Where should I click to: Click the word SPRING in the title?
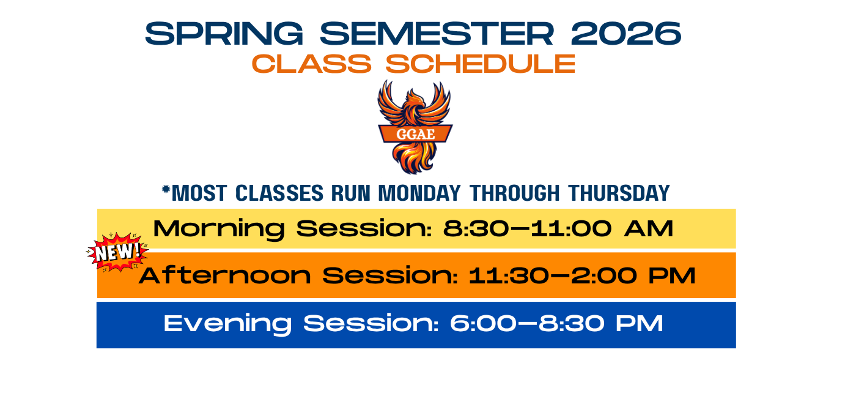pyautogui.click(x=224, y=34)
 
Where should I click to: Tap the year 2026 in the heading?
pyautogui.click(x=626, y=34)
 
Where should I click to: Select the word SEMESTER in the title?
pyautogui.click(x=437, y=34)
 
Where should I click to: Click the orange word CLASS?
pyautogui.click(x=311, y=64)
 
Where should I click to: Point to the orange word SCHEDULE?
pyautogui.click(x=481, y=64)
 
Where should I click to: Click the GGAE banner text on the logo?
pyautogui.click(x=415, y=134)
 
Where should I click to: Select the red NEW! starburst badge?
pyautogui.click(x=117, y=252)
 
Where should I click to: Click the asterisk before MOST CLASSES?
pyautogui.click(x=166, y=189)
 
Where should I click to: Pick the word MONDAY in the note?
pyautogui.click(x=419, y=193)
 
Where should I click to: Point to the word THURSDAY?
pyautogui.click(x=619, y=193)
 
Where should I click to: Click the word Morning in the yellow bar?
pyautogui.click(x=219, y=229)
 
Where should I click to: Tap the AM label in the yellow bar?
pyautogui.click(x=649, y=228)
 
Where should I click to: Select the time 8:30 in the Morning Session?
pyautogui.click(x=476, y=228)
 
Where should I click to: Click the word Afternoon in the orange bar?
pyautogui.click(x=225, y=275)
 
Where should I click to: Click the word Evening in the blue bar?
pyautogui.click(x=227, y=324)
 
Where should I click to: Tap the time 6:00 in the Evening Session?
pyautogui.click(x=484, y=323)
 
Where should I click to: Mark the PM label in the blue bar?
pyautogui.click(x=640, y=323)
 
